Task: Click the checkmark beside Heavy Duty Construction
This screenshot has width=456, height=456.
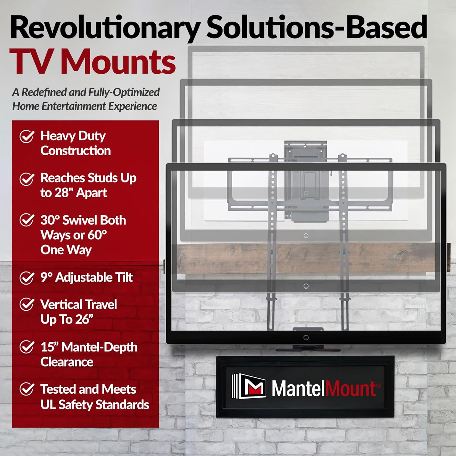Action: (27, 136)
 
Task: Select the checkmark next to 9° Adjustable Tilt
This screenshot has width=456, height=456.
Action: (27, 278)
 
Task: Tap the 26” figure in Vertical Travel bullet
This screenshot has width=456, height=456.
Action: (84, 320)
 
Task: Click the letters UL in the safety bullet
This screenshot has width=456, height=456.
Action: (48, 405)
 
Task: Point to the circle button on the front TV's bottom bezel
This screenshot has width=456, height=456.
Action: (306, 337)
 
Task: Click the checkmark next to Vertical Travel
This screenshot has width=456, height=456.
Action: (27, 304)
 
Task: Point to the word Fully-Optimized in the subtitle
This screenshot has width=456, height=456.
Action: (124, 92)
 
